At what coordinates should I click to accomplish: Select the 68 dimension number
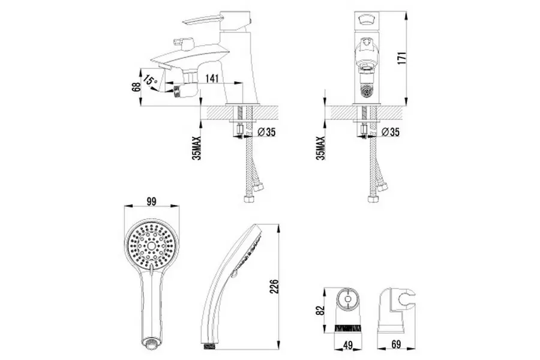point(137,88)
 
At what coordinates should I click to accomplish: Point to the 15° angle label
point(150,80)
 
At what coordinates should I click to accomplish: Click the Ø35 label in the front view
point(390,132)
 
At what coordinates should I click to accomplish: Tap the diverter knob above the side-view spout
point(181,44)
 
